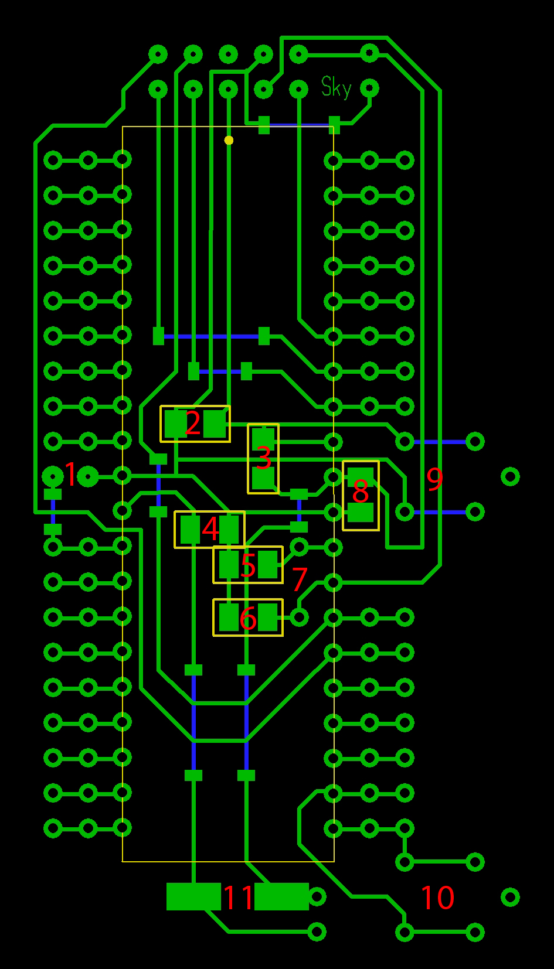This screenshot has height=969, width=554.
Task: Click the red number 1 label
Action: point(70,475)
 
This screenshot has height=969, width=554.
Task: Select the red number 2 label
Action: point(192,423)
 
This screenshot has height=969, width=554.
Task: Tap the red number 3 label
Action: point(264,458)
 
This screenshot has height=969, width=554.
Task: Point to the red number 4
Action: point(210,528)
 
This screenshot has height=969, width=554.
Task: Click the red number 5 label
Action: point(248,565)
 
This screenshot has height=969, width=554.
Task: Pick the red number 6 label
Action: point(248,618)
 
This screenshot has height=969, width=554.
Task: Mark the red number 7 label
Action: point(300,580)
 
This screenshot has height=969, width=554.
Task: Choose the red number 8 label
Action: point(360,492)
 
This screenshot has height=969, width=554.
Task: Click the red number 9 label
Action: point(434,479)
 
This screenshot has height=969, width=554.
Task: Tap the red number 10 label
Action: point(437,898)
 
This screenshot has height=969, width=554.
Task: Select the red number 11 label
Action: point(239,897)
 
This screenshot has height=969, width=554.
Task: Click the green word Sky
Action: point(337,88)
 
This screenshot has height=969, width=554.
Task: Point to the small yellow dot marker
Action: point(229,140)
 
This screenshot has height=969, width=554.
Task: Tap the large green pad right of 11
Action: point(282,896)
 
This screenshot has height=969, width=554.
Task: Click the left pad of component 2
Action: point(175,424)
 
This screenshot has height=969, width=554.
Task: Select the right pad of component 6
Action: point(268,617)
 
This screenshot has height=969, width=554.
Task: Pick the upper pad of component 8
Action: point(361,476)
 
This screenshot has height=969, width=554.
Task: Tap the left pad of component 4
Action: point(191,529)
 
